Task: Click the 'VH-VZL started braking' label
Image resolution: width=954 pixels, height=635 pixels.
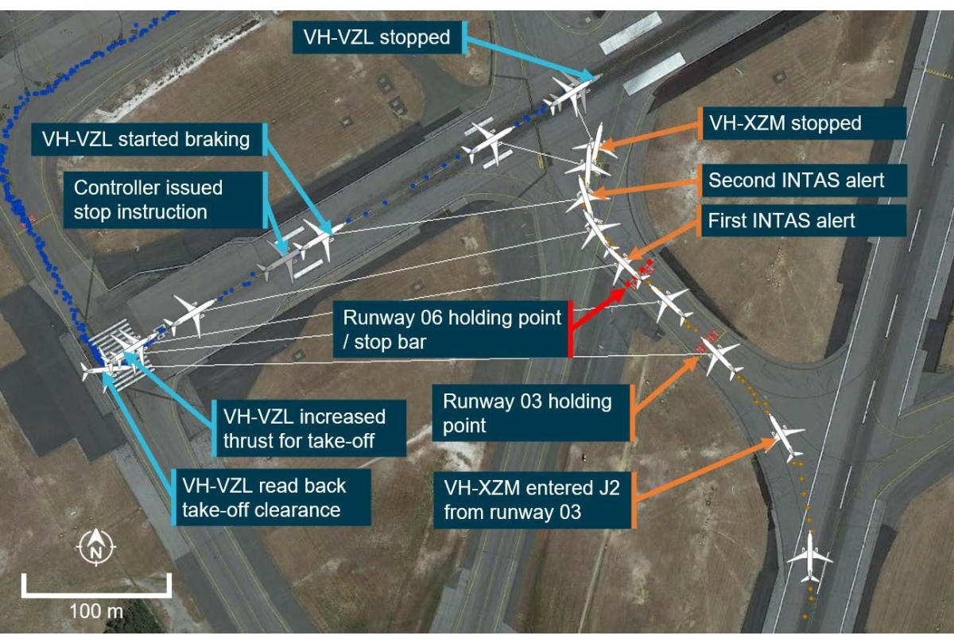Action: pos(145,140)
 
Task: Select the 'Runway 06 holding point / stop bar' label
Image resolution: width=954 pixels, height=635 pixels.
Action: pos(452,329)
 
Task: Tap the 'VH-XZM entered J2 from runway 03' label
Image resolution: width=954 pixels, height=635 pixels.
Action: pos(531,500)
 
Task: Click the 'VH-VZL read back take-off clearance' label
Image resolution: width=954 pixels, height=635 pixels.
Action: pos(264,497)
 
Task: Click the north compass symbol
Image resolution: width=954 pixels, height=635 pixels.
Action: pos(96,547)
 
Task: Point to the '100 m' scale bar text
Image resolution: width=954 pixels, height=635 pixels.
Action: pos(96,611)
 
